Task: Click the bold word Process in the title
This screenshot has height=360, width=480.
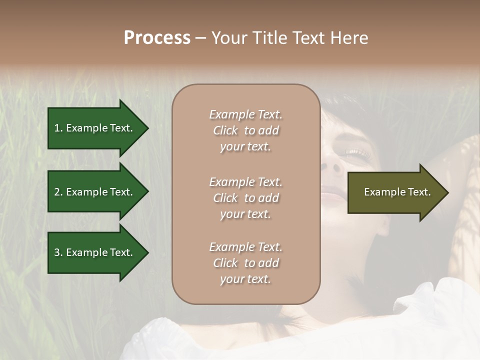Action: click(x=157, y=38)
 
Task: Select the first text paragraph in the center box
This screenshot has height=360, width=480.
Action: click(x=245, y=130)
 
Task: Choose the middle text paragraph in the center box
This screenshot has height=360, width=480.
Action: click(x=245, y=198)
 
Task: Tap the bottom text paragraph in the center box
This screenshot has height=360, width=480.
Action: click(x=245, y=263)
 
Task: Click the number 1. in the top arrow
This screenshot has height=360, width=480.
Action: click(x=58, y=128)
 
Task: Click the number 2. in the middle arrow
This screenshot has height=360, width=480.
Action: click(x=58, y=192)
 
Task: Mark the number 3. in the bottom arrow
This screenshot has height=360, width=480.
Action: click(x=58, y=252)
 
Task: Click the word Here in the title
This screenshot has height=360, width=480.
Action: click(x=349, y=38)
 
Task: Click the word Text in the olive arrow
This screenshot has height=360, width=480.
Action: click(x=420, y=192)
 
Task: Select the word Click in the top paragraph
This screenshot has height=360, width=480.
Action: click(x=225, y=130)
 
